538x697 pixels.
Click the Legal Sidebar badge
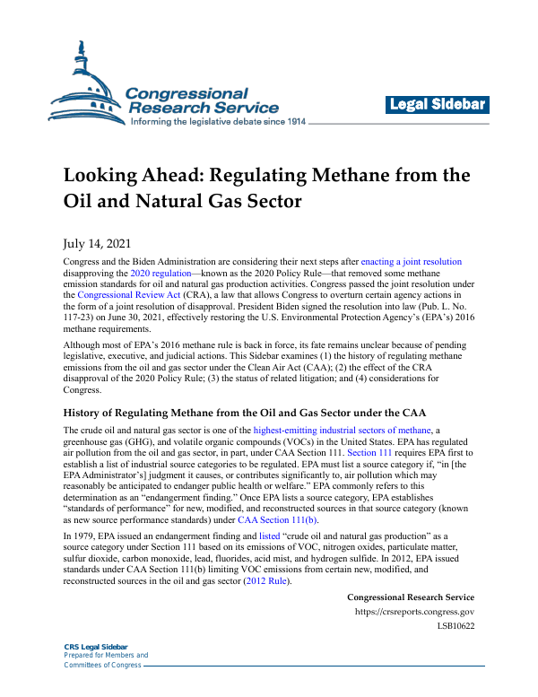438,106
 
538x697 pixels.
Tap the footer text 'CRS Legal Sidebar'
95,647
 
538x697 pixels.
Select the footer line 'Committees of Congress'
102,665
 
